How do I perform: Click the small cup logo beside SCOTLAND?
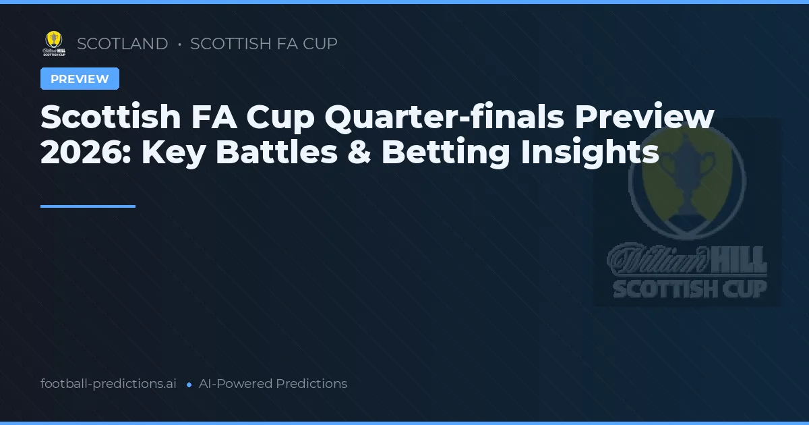point(54,44)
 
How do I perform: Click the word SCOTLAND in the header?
point(123,44)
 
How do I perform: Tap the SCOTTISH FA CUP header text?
point(264,44)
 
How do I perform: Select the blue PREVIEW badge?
point(80,79)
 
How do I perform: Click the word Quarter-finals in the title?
point(444,117)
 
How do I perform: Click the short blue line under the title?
point(88,206)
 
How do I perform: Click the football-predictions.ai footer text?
point(109,384)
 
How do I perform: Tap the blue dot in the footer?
point(189,385)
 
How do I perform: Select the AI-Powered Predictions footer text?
point(273,384)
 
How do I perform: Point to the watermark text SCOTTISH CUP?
point(689,289)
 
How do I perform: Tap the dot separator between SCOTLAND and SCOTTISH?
point(179,45)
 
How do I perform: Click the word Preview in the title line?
point(647,117)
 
